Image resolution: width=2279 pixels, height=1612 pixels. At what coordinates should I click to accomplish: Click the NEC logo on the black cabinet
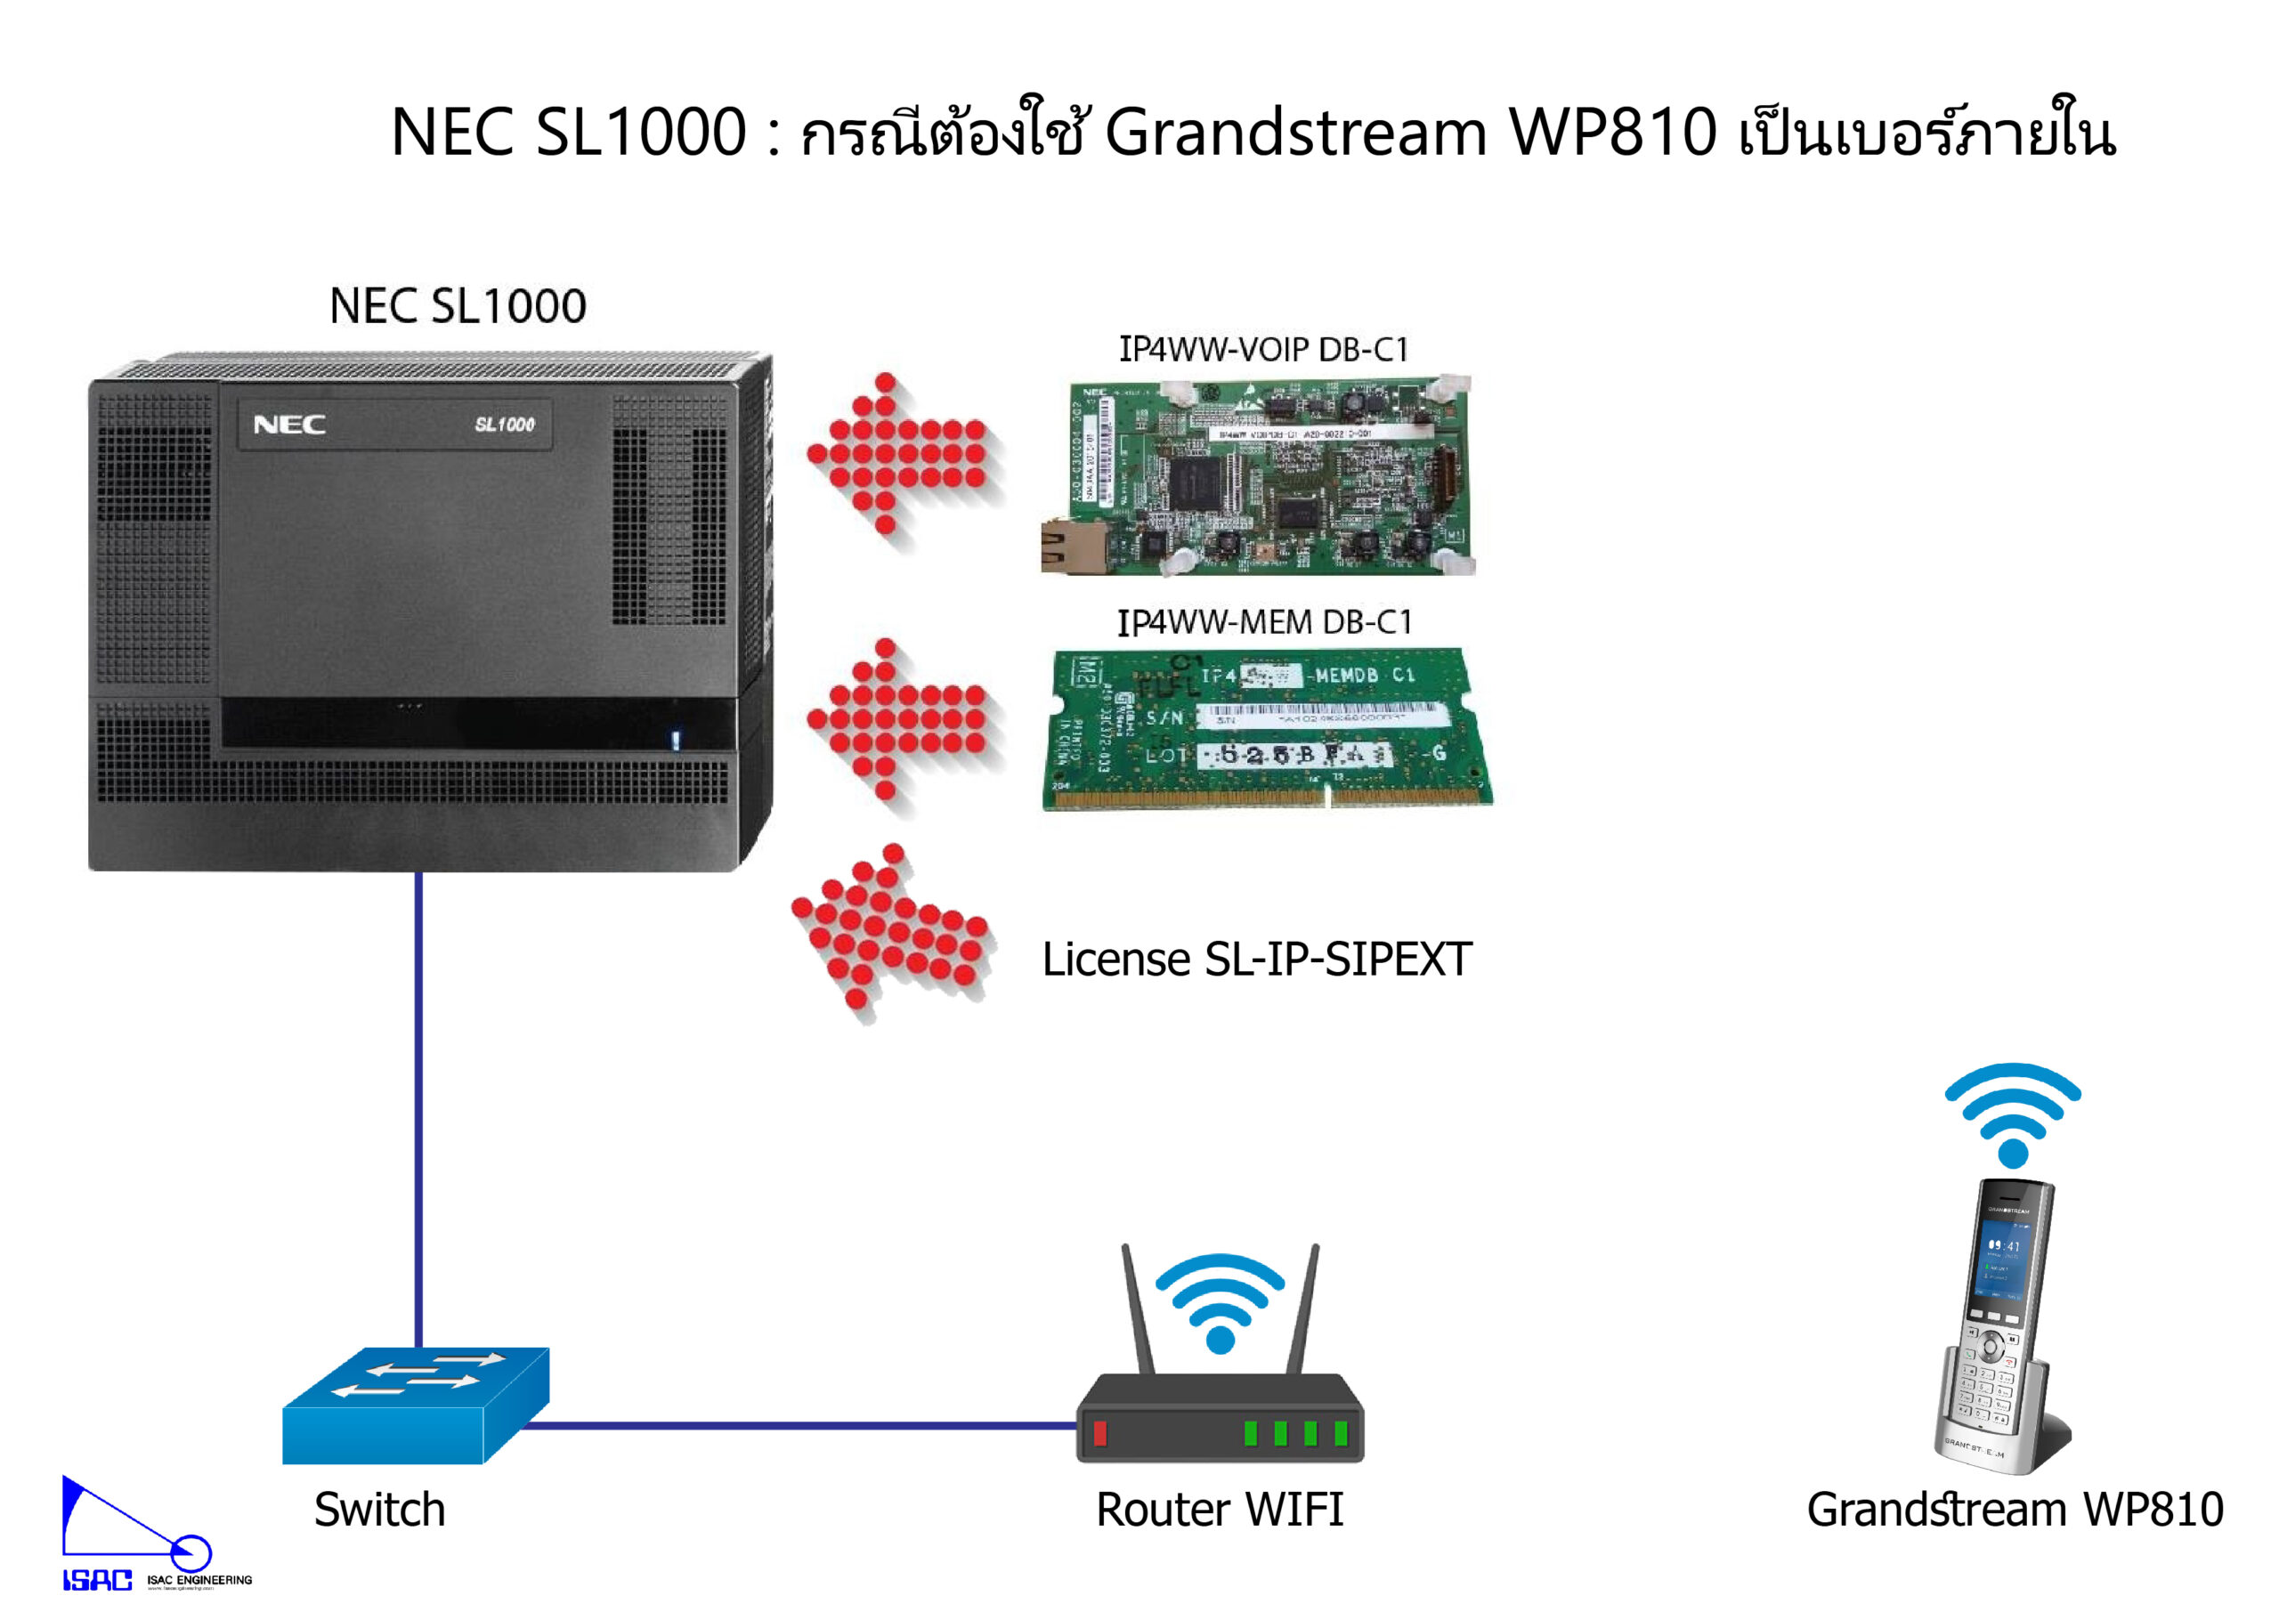[288, 425]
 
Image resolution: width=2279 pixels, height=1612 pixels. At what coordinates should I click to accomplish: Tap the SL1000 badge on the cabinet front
[504, 425]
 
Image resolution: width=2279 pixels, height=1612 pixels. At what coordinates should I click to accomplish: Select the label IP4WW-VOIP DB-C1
[1262, 350]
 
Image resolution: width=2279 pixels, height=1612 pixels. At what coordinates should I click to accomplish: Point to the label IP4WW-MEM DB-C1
[1263, 622]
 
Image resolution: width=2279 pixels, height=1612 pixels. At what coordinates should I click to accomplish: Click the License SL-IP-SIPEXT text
[1255, 960]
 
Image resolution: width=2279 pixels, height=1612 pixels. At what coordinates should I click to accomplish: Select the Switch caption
[379, 1510]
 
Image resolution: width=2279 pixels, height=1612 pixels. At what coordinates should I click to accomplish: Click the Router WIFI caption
[1219, 1510]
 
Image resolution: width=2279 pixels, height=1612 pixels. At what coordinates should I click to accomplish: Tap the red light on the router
[1099, 1432]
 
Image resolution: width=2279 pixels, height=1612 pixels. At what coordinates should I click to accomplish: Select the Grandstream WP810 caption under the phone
[2014, 1510]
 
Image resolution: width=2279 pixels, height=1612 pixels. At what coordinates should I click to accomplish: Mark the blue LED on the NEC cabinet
[675, 740]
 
